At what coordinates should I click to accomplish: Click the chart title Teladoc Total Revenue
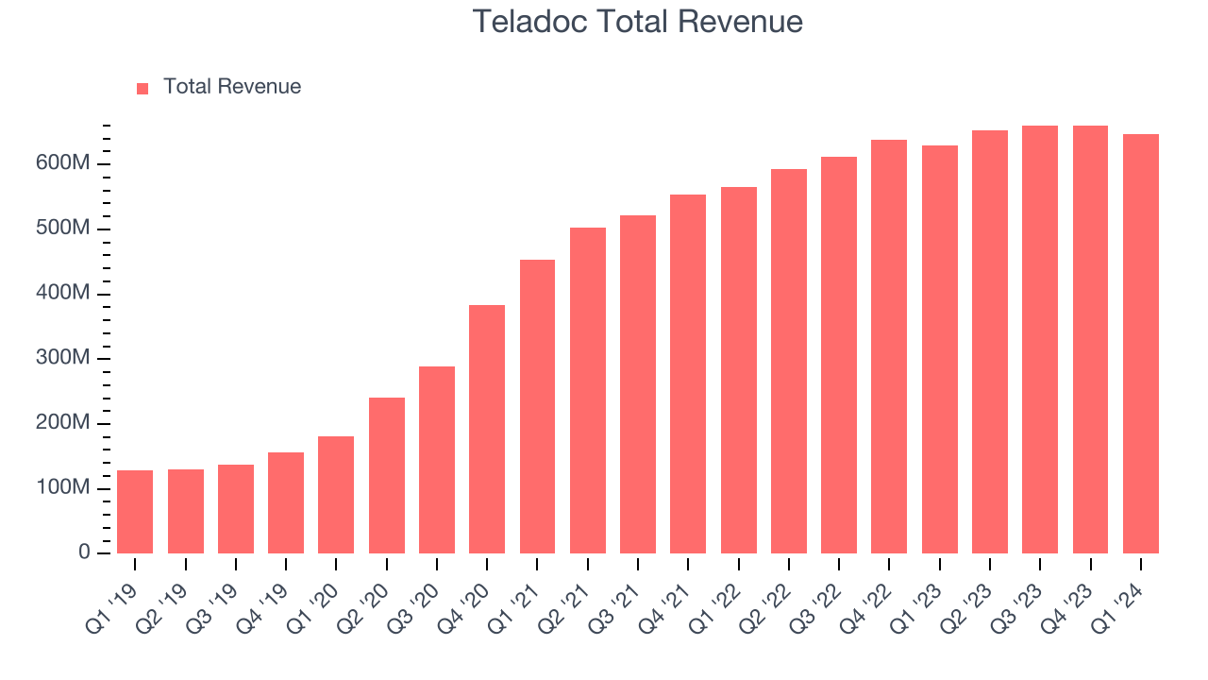tap(637, 22)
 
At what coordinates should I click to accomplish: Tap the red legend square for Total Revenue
tap(143, 88)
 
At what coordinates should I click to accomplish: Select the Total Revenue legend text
tap(232, 87)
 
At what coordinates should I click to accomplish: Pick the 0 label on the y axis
tap(84, 552)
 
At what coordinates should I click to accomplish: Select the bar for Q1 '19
tap(135, 512)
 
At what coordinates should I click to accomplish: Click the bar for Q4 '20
tap(487, 430)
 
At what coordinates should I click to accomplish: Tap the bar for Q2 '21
tap(588, 391)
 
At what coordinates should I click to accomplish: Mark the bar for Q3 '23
tap(1040, 340)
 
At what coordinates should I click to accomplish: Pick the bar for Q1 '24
tap(1141, 344)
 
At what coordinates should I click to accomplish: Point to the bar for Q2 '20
tap(387, 476)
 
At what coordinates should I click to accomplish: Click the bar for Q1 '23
tap(940, 349)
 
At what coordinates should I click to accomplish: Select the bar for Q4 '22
tap(889, 347)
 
